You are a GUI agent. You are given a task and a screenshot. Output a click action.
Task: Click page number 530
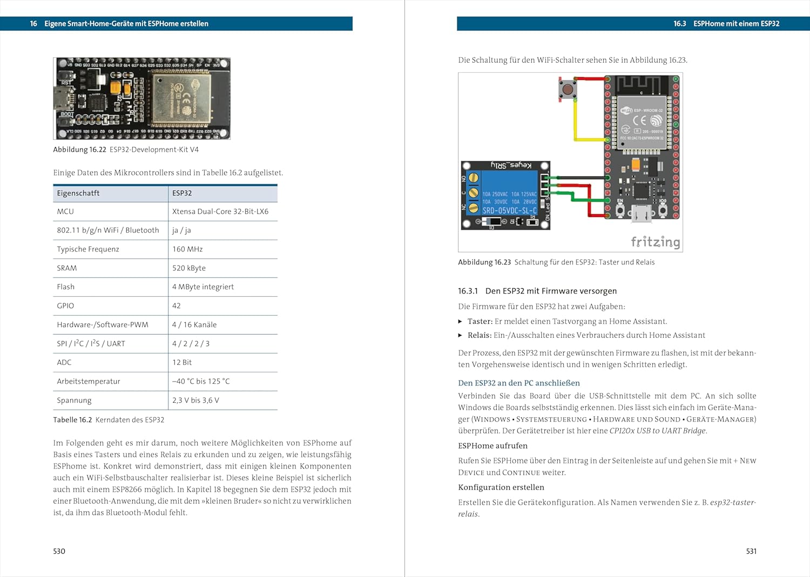click(x=59, y=551)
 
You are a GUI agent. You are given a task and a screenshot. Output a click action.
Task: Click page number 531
click(x=751, y=551)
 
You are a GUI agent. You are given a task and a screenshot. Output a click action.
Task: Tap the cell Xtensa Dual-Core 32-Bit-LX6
click(x=220, y=212)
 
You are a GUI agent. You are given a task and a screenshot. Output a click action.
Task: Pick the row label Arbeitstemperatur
click(x=89, y=382)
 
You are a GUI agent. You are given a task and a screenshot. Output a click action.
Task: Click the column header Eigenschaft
click(x=78, y=193)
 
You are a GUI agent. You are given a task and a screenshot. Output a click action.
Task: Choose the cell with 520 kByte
click(x=189, y=268)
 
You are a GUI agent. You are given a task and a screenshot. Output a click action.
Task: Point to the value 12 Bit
click(x=182, y=363)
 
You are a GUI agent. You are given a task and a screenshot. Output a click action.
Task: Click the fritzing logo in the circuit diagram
click(x=655, y=241)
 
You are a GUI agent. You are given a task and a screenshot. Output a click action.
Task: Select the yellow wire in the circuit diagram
click(x=576, y=127)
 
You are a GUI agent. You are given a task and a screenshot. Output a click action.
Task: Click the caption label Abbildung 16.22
click(x=79, y=150)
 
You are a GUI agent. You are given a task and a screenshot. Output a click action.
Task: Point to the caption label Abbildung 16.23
click(x=484, y=262)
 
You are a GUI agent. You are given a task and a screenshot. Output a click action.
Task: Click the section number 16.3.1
click(x=468, y=291)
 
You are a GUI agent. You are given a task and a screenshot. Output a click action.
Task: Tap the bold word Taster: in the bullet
click(x=480, y=321)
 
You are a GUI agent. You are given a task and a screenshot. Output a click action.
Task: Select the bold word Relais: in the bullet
click(x=480, y=335)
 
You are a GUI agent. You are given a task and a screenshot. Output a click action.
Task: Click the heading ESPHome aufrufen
click(x=492, y=446)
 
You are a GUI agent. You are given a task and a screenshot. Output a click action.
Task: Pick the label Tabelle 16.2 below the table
click(x=72, y=420)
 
